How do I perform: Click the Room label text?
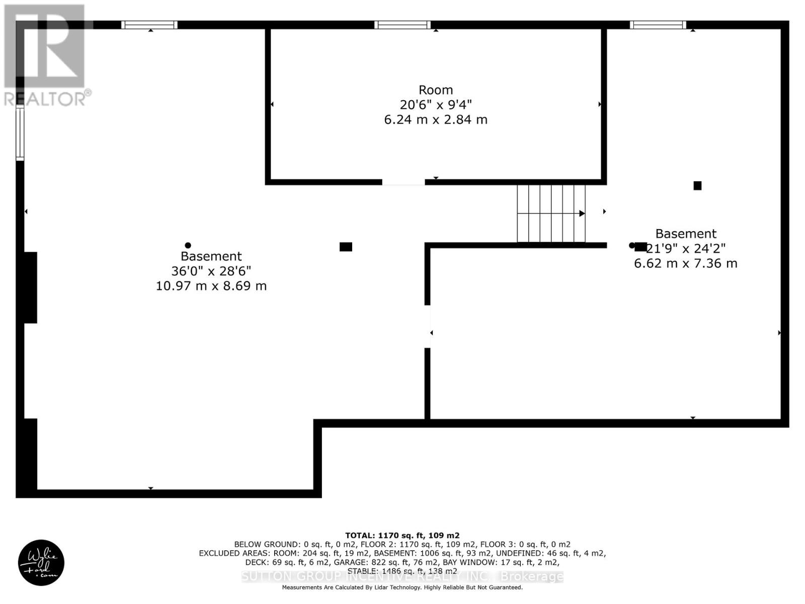coord(436,90)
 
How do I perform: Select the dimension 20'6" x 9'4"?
coord(436,105)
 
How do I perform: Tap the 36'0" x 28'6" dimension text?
coord(211,271)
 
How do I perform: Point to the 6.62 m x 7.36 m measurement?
coord(685,263)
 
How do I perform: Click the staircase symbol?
coord(551,213)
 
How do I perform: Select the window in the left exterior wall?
coord(20,133)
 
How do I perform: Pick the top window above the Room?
coord(403,25)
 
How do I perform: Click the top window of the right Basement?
coord(658,25)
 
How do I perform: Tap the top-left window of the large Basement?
coord(149,25)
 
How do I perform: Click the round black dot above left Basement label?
coord(188,245)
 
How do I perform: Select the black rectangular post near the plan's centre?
coord(346,247)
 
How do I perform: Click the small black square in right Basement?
coord(697,186)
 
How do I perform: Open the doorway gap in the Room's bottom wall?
coord(403,182)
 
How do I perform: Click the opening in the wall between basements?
coord(428,326)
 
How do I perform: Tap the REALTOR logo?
coord(46,55)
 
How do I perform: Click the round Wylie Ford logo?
coord(41,563)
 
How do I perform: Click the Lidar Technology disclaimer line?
coord(402,587)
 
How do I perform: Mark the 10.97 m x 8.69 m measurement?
coord(211,286)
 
